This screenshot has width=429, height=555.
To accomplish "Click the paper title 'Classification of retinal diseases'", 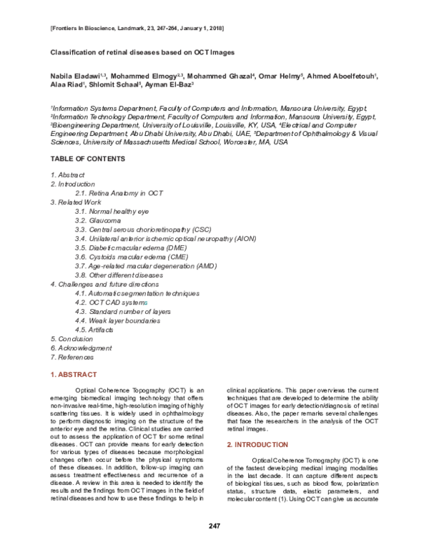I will [x=142, y=53].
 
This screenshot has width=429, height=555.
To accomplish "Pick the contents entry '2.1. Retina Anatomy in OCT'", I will [x=118, y=194].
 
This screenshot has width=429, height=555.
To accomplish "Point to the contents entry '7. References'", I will [x=72, y=356].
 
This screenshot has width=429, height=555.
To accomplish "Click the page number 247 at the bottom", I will [x=214, y=526].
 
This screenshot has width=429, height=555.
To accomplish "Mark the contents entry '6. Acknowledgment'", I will [x=81, y=348].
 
